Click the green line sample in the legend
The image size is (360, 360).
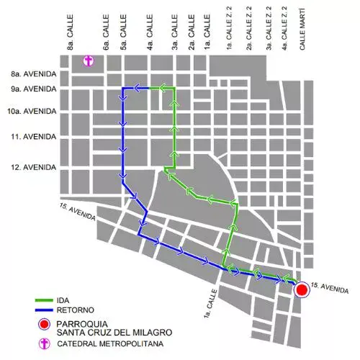point(45,300)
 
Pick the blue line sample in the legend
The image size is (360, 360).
point(45,312)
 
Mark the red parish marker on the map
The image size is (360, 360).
point(302,289)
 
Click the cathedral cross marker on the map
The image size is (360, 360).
point(89,61)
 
